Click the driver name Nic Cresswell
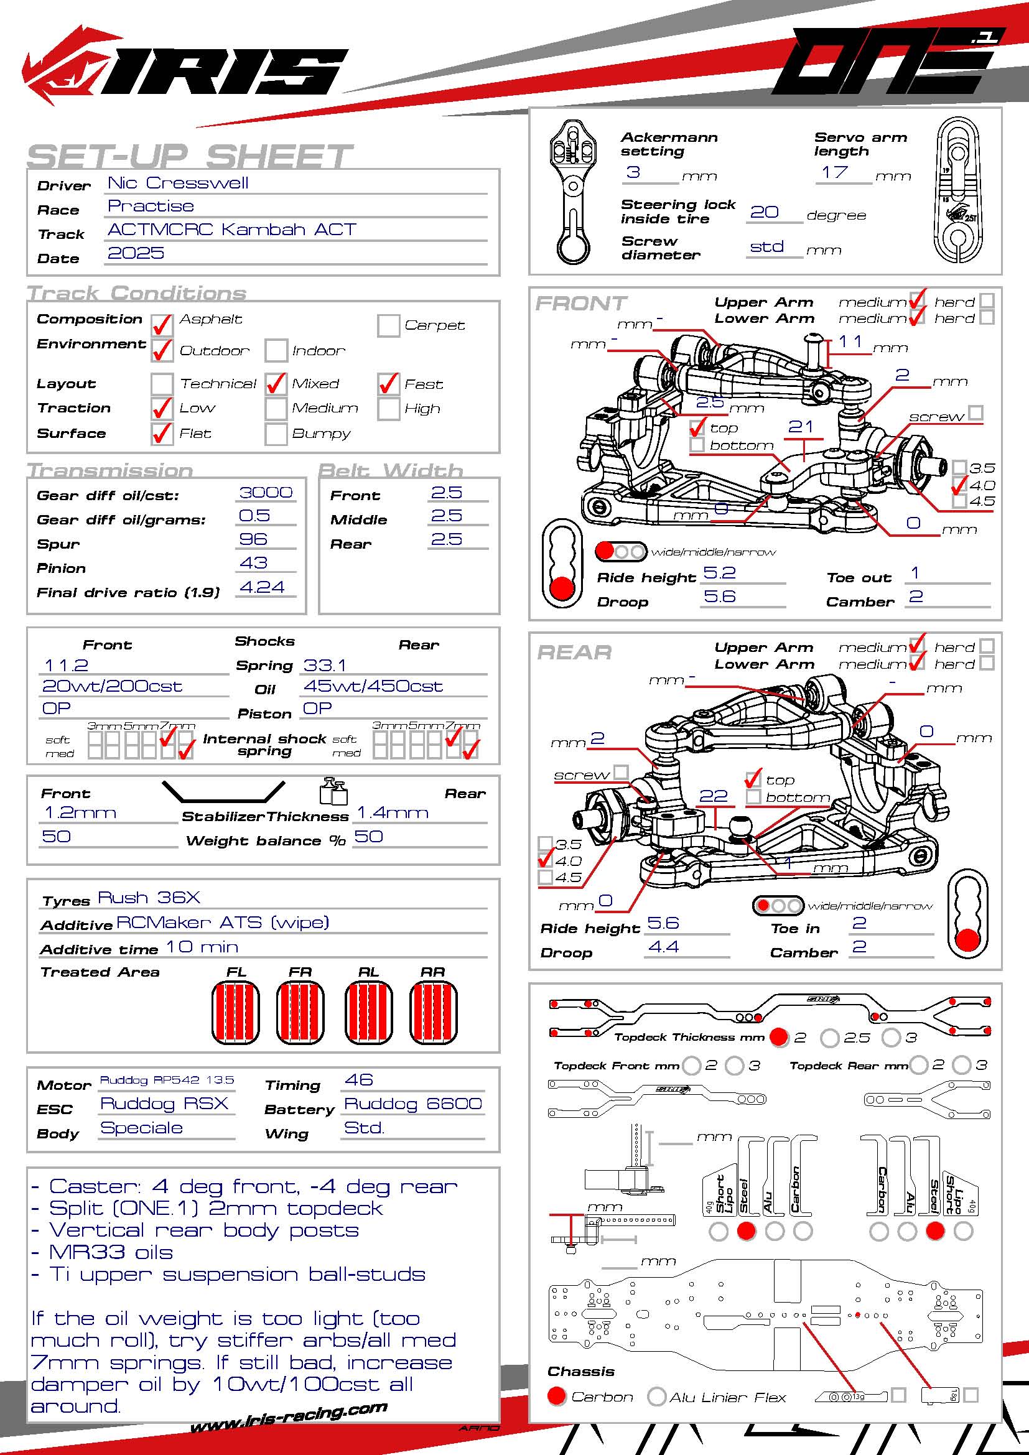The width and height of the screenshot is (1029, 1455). point(178,183)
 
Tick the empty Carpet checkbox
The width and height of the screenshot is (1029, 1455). point(388,325)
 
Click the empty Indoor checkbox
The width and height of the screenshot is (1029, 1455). point(276,350)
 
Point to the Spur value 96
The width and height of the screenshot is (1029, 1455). point(253,539)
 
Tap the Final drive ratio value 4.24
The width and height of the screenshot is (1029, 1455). point(262,587)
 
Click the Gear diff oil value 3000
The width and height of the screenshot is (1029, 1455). point(266,493)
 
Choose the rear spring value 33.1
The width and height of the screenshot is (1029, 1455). point(324,666)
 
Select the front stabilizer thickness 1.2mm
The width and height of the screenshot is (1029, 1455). point(80,813)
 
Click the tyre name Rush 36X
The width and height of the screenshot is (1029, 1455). point(149,898)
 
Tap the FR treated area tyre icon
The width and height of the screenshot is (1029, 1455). point(300,1012)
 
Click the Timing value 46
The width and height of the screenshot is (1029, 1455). point(358,1080)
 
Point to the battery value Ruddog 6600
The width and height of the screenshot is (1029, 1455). point(412,1104)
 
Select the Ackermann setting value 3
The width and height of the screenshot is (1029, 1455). point(633,172)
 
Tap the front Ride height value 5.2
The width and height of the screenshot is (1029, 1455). point(720,573)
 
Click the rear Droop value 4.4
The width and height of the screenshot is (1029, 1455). point(663,947)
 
